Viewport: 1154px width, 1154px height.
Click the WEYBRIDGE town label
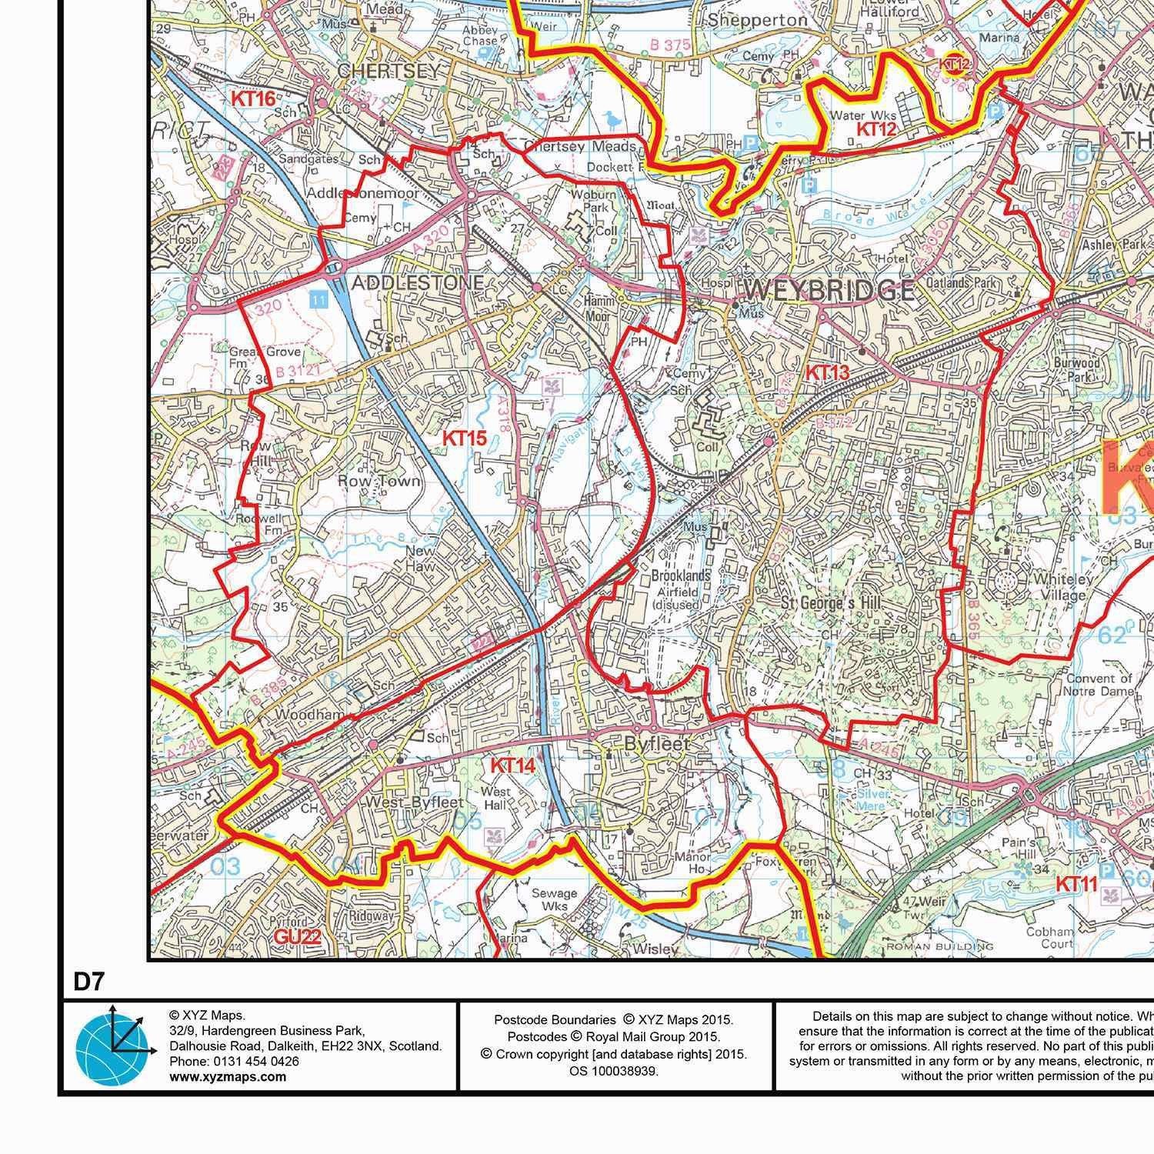(829, 291)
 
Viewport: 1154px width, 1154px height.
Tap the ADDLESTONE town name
(418, 283)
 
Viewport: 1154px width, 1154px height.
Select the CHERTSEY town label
(391, 71)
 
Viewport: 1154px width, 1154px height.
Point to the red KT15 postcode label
(464, 439)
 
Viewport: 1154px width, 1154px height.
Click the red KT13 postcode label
(826, 372)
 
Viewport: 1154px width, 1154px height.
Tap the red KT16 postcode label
(253, 98)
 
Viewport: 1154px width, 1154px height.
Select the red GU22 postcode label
(295, 936)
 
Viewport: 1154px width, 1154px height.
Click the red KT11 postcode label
(1076, 884)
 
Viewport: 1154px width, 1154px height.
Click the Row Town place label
(379, 482)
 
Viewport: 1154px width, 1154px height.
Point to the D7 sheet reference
(88, 982)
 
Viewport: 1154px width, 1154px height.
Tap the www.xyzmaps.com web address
(227, 1076)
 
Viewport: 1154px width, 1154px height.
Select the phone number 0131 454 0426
(257, 1061)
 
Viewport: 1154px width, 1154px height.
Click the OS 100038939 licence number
(613, 1070)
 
